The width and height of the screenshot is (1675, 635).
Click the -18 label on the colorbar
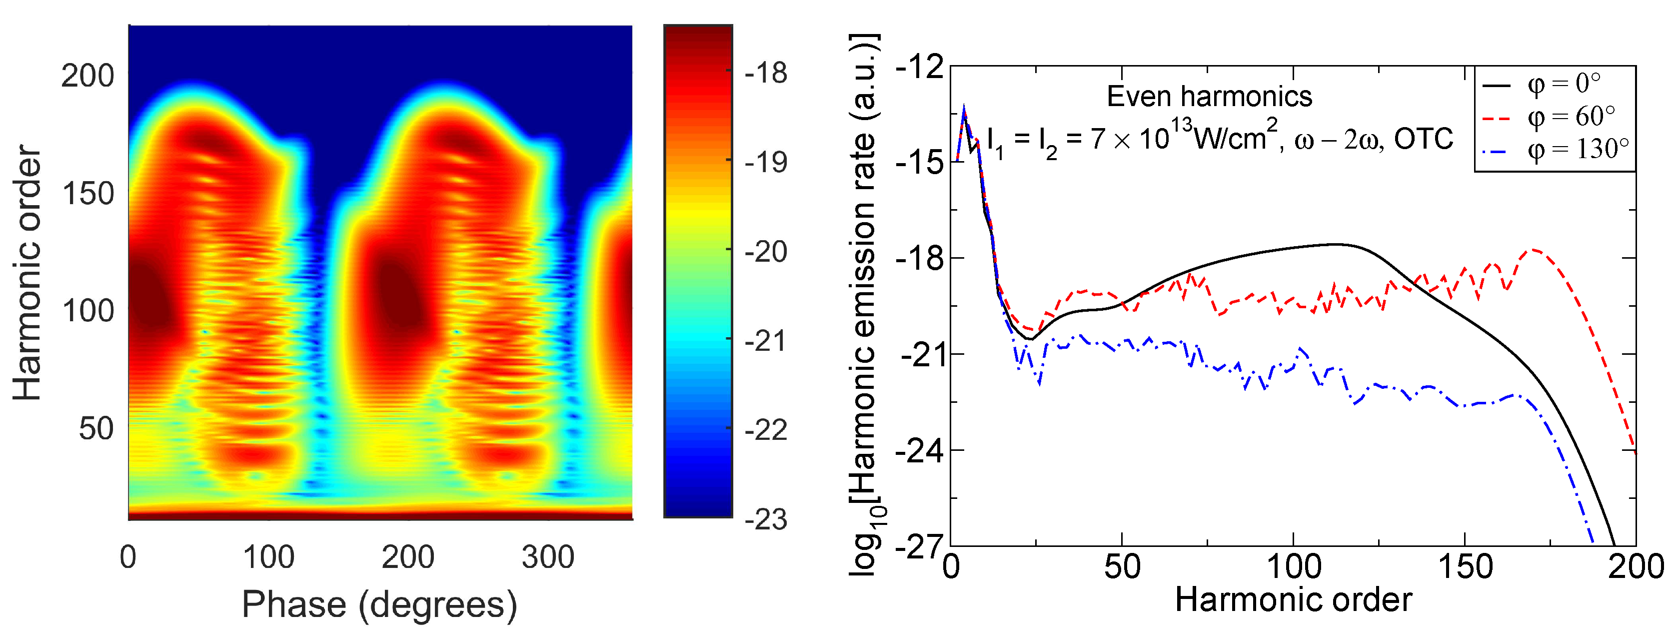click(x=765, y=73)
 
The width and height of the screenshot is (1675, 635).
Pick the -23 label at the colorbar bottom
click(x=765, y=520)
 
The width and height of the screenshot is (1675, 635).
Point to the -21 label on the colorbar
click(x=765, y=341)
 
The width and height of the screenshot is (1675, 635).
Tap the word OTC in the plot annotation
click(x=1424, y=139)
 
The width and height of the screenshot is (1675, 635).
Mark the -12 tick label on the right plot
click(x=919, y=67)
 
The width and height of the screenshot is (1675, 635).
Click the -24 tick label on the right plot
click(x=919, y=451)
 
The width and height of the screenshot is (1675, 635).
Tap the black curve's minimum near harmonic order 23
click(x=1030, y=339)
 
